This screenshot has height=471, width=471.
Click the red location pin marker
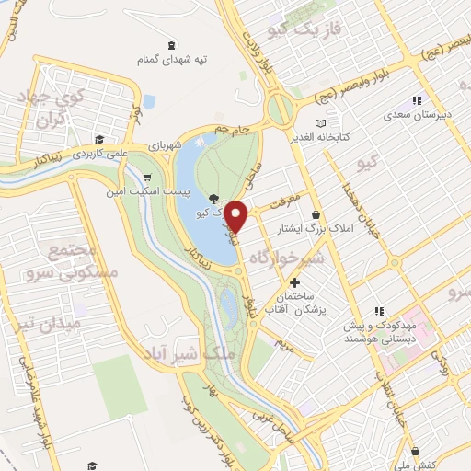coord(236,217)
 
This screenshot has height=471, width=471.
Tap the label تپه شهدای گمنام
coord(172,59)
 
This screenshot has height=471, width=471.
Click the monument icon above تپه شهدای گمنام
coord(172,45)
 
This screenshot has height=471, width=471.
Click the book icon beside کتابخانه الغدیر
coord(320,122)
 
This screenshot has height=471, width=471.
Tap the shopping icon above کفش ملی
coord(418,451)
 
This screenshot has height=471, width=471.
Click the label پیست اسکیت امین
coord(161,192)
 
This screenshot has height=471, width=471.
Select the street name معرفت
coord(286,195)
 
